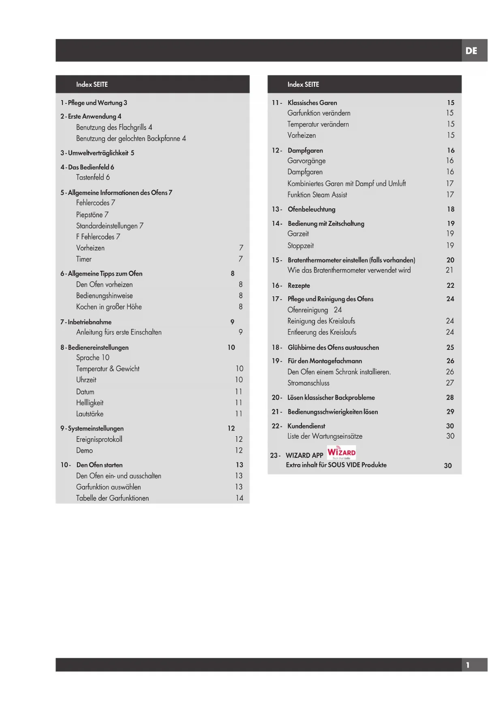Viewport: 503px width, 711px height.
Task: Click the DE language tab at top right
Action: click(471, 51)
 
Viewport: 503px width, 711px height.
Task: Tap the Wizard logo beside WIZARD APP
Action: click(341, 452)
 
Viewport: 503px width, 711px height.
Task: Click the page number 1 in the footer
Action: click(468, 665)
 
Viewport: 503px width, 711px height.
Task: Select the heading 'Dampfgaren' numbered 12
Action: click(305, 150)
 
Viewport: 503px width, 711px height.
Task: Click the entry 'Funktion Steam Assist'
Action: click(317, 195)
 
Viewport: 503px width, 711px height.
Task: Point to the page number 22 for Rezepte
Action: click(450, 285)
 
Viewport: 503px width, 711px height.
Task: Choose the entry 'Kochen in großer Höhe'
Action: click(109, 307)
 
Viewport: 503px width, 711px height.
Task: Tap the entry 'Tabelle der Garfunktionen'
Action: click(112, 498)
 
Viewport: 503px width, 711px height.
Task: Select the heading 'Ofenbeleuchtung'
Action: click(311, 209)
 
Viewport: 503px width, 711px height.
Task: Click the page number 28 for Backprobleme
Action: click(450, 397)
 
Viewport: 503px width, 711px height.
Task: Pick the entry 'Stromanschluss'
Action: click(308, 383)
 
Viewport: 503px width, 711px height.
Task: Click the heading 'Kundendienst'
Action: click(306, 426)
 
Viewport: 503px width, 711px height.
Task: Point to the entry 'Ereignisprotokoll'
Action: click(99, 439)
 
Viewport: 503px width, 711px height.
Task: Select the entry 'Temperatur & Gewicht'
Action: click(107, 369)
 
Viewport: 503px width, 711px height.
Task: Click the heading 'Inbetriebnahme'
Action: click(90, 322)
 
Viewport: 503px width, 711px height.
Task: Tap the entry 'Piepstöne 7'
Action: click(92, 215)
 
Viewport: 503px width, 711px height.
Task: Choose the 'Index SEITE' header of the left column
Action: click(92, 84)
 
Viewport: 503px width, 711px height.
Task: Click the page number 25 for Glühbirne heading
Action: click(450, 347)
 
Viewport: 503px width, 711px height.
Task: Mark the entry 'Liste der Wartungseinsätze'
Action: click(325, 436)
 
